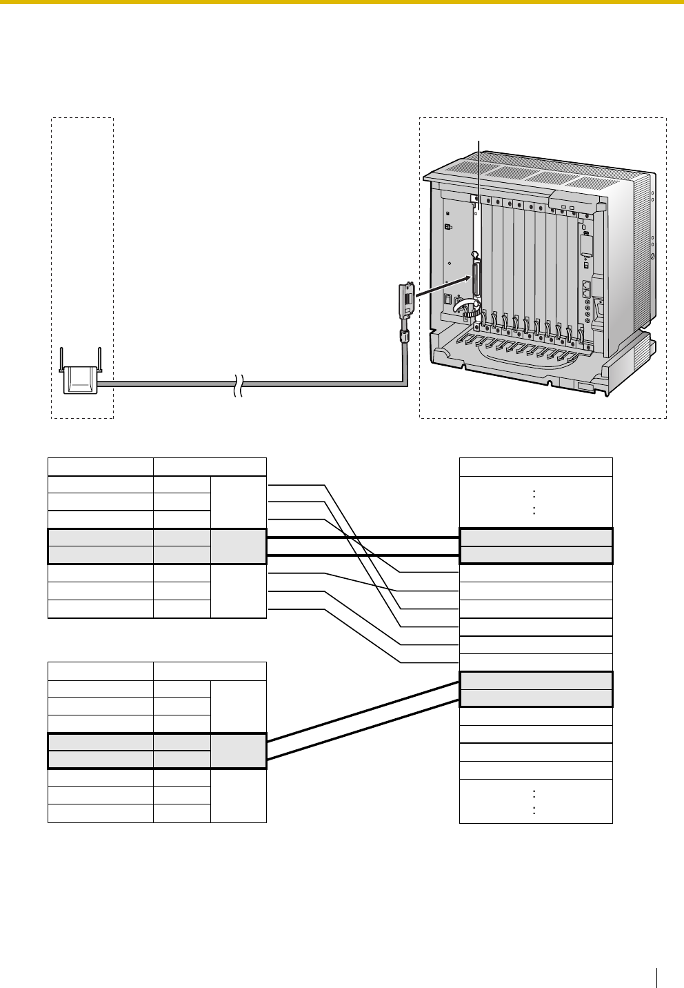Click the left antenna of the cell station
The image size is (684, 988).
pyautogui.click(x=61, y=359)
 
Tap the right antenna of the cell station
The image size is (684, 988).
pyautogui.click(x=99, y=359)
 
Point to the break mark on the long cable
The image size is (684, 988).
pyautogui.click(x=238, y=385)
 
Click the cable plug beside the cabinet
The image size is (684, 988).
pyautogui.click(x=407, y=301)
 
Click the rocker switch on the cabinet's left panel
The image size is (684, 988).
pyautogui.click(x=449, y=299)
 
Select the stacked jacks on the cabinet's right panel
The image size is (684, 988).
pyautogui.click(x=587, y=287)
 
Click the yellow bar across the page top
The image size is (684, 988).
pyautogui.click(x=342, y=2)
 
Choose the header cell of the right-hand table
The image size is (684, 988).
pyautogui.click(x=536, y=466)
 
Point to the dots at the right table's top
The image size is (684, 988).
pyautogui.click(x=536, y=502)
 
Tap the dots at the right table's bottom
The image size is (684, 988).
pyautogui.click(x=536, y=801)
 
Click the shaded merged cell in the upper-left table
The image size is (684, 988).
pyautogui.click(x=238, y=546)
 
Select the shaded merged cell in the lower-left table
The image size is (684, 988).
pyautogui.click(x=238, y=751)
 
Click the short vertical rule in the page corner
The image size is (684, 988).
pyautogui.click(x=657, y=977)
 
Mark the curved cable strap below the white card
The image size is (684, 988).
pyautogui.click(x=470, y=308)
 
